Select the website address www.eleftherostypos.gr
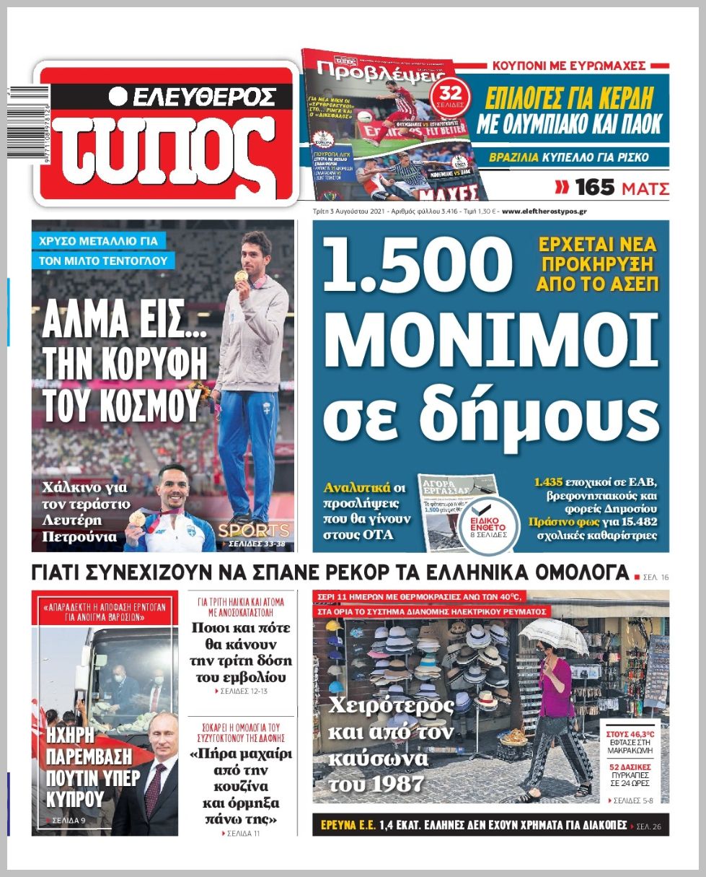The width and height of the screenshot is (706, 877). pos(544,212)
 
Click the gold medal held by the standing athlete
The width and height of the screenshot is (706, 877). pos(241,276)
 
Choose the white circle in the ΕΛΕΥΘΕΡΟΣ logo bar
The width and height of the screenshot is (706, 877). pos(119,96)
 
